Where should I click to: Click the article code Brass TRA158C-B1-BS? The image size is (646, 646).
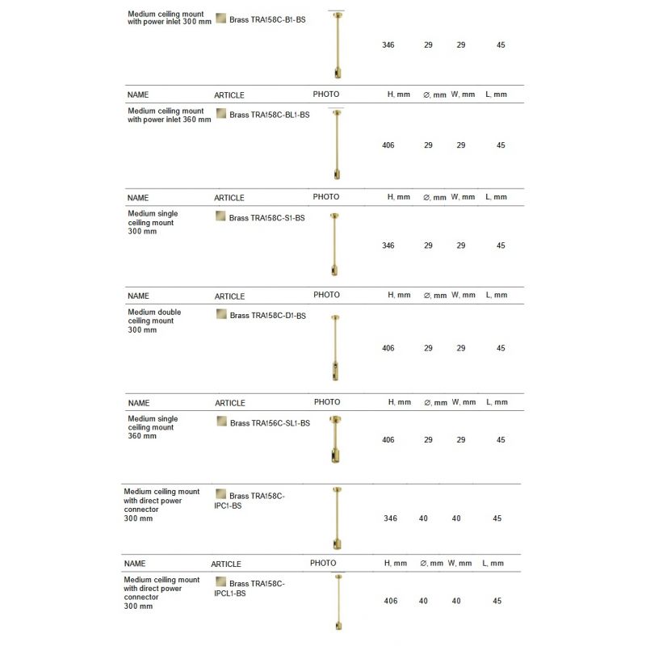point(266,19)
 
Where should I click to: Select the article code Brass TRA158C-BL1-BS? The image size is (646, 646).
point(270,115)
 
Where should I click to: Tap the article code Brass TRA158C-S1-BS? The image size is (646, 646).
point(266,217)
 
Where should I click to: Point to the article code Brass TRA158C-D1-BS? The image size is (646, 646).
point(267,316)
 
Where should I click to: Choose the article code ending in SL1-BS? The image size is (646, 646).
point(270,422)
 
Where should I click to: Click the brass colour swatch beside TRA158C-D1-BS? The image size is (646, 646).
point(221,314)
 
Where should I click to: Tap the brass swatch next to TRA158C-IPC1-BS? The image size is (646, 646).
point(220,494)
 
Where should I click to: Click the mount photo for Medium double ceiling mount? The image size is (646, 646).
point(336,348)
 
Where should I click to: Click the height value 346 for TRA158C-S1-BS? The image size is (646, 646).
point(388,245)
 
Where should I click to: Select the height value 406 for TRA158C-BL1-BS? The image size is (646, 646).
point(388,145)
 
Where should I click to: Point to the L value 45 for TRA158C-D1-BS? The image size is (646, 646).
point(501,348)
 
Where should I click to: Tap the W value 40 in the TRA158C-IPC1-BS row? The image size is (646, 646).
point(456,518)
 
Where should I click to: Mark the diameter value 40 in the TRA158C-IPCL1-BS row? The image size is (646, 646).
point(423,601)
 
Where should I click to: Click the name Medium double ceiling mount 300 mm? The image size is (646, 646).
point(154,321)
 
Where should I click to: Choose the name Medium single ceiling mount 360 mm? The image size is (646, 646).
point(153,427)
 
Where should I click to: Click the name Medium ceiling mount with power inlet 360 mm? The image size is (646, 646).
point(170,115)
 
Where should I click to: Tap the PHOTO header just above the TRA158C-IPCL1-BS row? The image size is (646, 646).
point(323,563)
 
